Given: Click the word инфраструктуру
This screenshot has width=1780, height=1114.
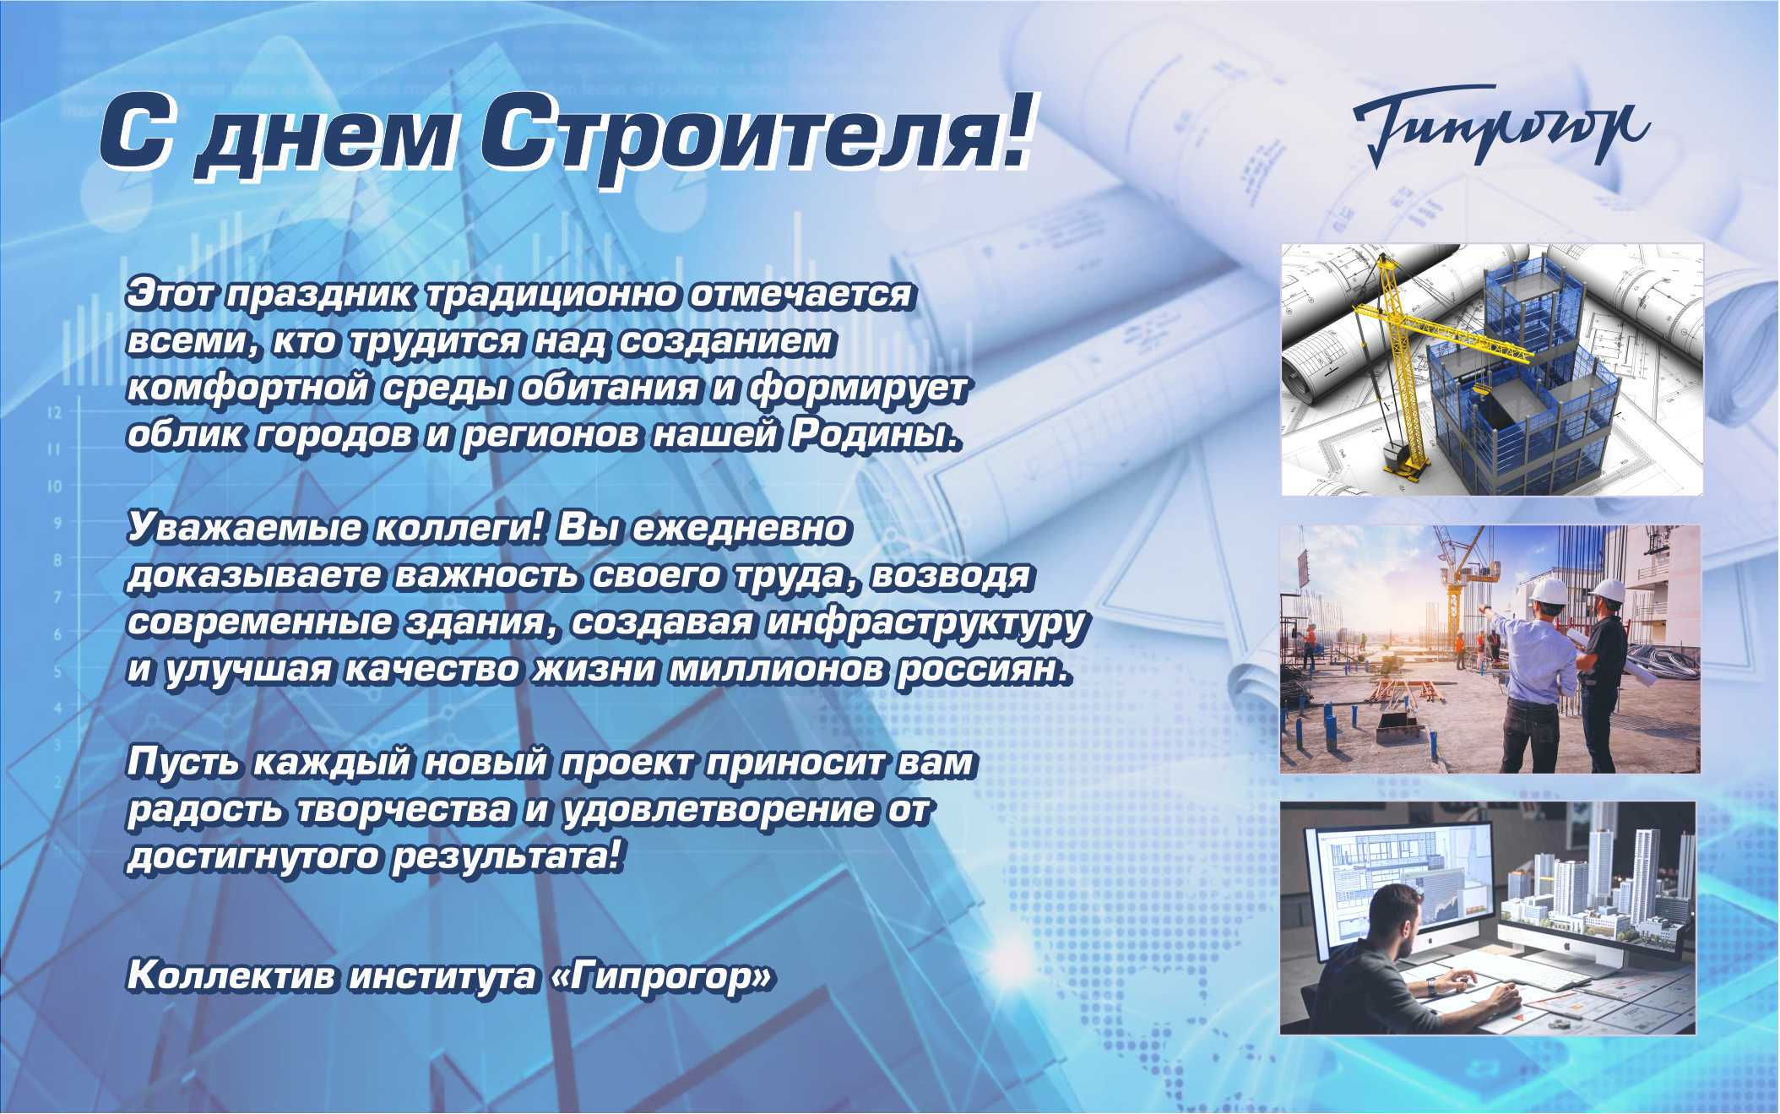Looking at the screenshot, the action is tap(925, 623).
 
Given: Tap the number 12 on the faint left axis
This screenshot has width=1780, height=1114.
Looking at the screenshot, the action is tap(55, 413).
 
